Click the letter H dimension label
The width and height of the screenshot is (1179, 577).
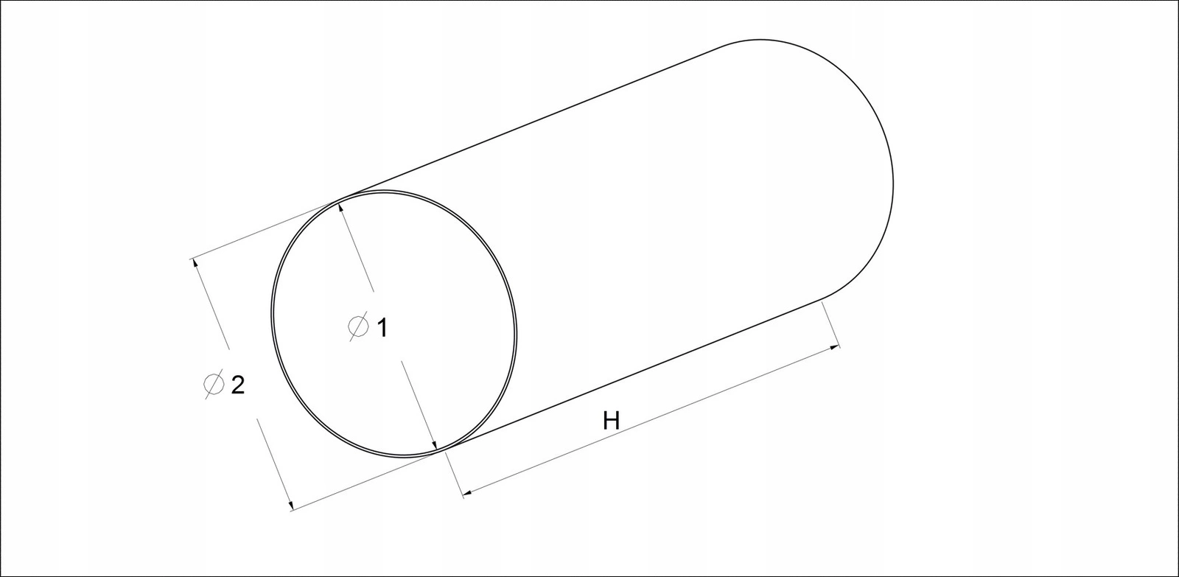coord(611,421)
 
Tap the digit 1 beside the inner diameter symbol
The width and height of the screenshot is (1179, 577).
coord(381,327)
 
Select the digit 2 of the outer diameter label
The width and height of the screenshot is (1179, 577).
coord(237,385)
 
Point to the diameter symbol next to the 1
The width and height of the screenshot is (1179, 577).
coord(357,326)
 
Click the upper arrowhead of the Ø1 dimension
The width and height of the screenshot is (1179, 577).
coord(342,209)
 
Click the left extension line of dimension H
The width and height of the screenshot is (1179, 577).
coord(454,472)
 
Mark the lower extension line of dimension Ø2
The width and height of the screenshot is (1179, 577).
coord(368,479)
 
